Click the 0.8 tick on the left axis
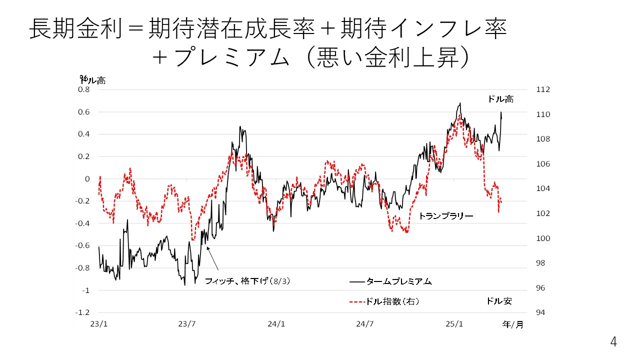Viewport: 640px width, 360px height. point(83,90)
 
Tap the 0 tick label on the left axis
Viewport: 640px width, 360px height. point(87,179)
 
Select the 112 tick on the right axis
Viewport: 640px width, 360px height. point(543,90)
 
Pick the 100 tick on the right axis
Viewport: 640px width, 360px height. point(543,238)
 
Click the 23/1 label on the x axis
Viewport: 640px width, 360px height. point(99,324)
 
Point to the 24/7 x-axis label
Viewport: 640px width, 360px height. point(365,324)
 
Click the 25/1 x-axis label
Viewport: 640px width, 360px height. point(454,324)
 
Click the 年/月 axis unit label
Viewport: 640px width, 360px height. point(512,324)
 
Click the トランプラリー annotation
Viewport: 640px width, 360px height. point(445,216)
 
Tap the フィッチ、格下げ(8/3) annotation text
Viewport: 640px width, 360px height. point(247,281)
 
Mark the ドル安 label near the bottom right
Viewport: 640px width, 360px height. point(499,301)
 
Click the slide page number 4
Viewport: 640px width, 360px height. point(613,342)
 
